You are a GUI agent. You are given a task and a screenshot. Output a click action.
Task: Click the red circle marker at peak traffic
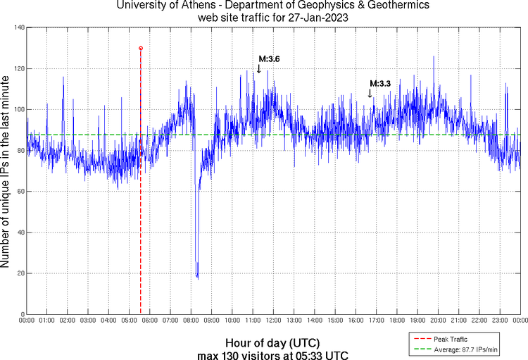coord(141,48)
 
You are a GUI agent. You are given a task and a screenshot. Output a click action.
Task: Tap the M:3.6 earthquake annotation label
coord(269,59)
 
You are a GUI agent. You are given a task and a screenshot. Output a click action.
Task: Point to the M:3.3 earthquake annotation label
coord(380,84)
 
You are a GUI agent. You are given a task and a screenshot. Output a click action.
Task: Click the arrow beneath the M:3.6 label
coord(258,68)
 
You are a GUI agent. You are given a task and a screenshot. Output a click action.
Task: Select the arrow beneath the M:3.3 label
coord(370,92)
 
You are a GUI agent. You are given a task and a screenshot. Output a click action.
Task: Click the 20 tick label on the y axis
coord(19,273)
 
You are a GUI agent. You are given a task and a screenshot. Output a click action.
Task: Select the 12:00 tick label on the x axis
coord(273,321)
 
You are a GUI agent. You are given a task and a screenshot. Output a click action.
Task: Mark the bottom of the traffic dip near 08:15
coord(198,278)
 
